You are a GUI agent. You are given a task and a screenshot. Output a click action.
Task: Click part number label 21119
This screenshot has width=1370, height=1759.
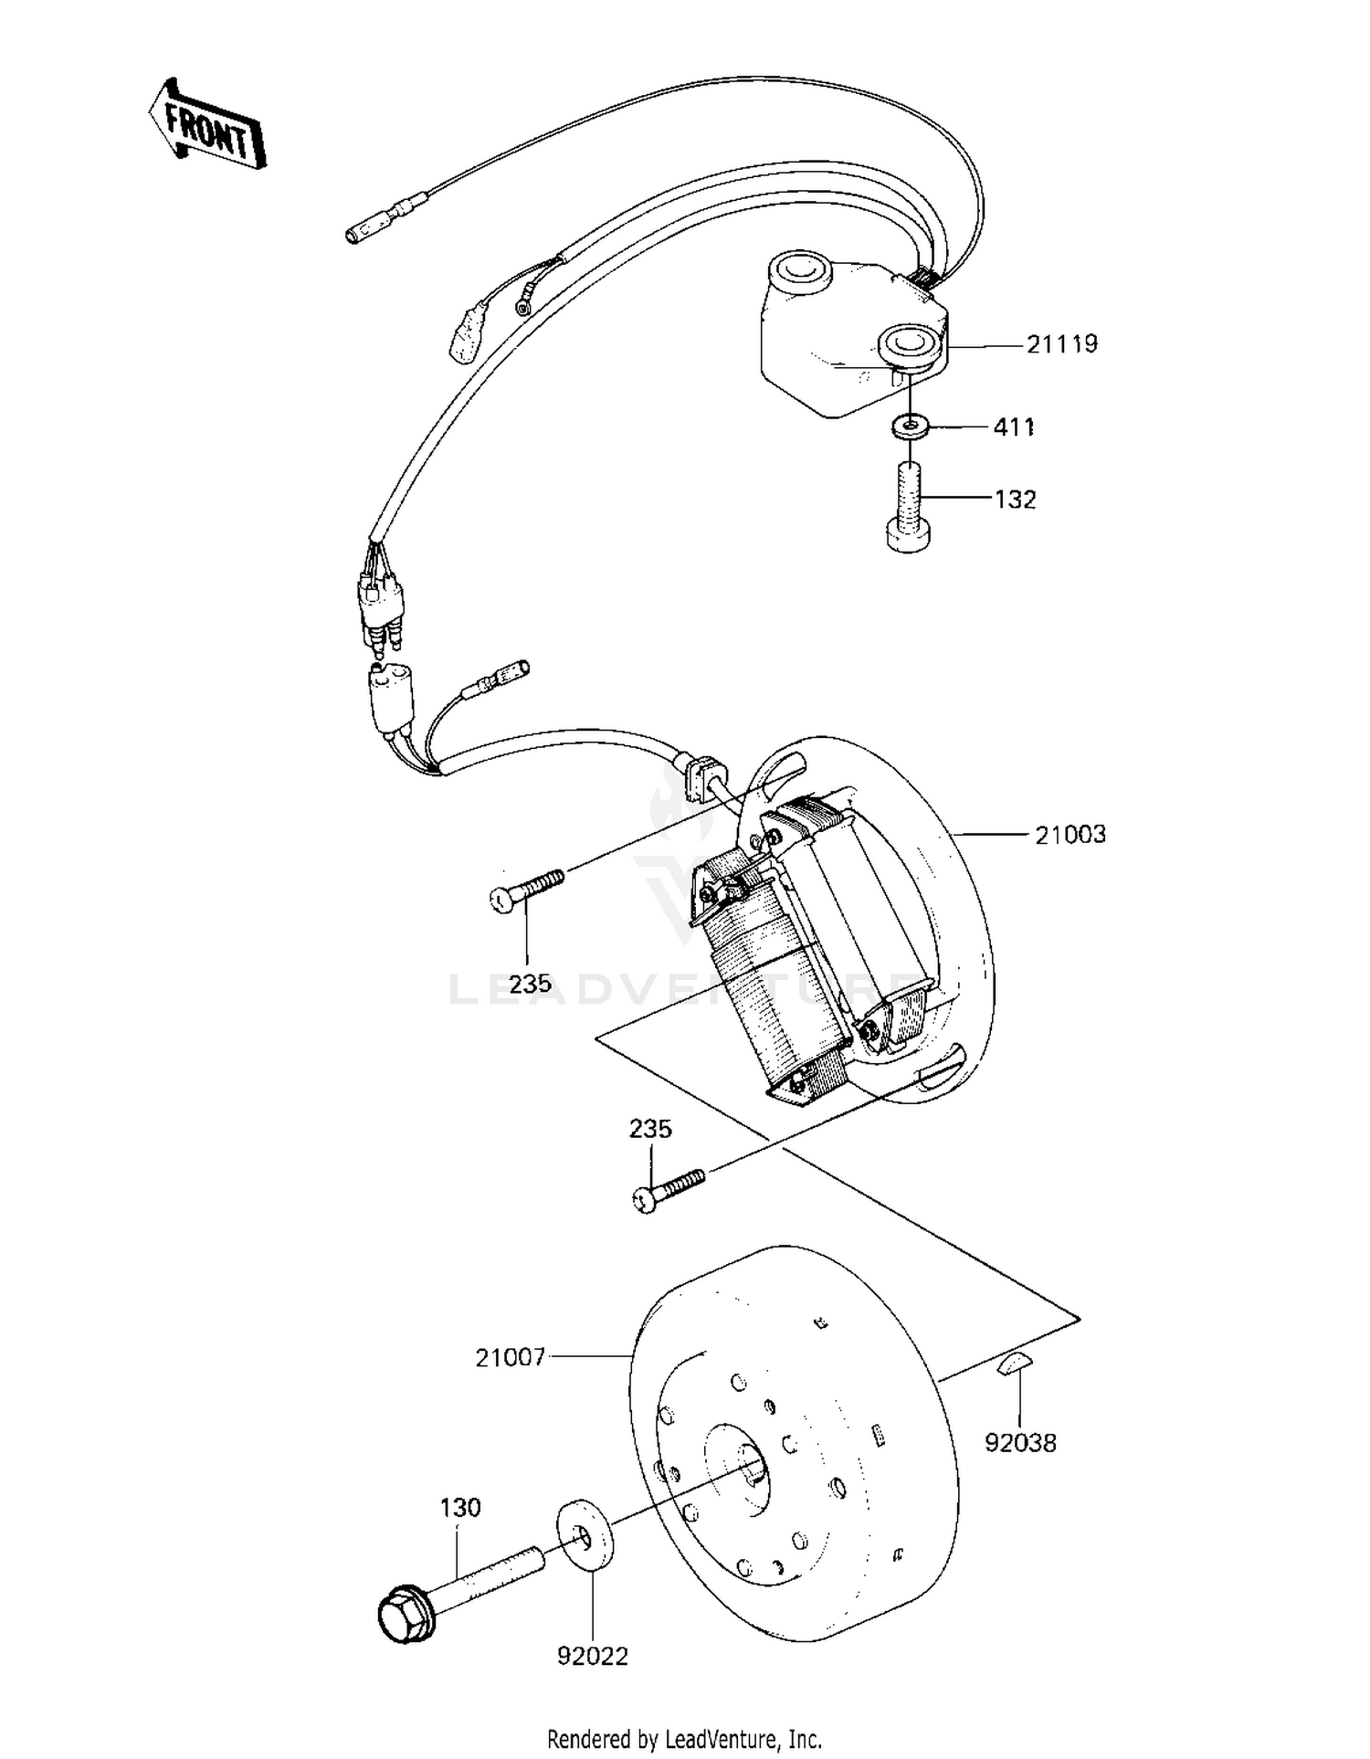click(1061, 345)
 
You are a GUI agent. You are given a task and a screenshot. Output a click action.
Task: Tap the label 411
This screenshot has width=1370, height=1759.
click(1014, 427)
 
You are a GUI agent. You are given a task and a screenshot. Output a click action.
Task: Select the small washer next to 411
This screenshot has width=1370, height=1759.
click(910, 426)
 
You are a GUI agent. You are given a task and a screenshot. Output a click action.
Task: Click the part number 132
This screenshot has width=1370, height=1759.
click(1015, 500)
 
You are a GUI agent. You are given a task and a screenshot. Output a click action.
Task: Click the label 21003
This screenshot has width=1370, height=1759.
click(1070, 835)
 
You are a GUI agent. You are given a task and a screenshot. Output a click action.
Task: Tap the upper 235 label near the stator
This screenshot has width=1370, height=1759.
click(530, 984)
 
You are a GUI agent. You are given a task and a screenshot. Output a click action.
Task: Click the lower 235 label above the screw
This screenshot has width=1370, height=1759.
click(650, 1129)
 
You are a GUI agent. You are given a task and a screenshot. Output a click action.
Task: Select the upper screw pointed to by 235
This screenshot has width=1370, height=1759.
click(526, 889)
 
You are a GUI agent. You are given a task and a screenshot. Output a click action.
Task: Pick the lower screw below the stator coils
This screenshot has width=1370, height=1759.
click(669, 1190)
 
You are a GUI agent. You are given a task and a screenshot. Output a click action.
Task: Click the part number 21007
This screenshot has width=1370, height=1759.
click(510, 1358)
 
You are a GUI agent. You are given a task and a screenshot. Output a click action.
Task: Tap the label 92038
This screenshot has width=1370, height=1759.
click(1020, 1443)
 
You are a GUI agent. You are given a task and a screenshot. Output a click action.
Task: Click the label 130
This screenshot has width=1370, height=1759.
click(460, 1508)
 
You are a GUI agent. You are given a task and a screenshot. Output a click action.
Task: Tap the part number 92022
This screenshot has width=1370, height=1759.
click(593, 1656)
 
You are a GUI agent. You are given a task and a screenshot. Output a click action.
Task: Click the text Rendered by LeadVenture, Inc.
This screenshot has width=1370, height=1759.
click(684, 1738)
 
